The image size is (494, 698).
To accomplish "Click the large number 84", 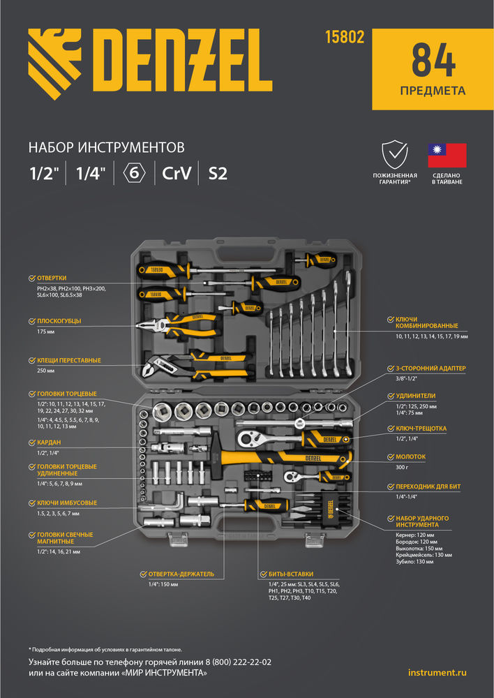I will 433,61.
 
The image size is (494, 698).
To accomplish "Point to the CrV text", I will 177,173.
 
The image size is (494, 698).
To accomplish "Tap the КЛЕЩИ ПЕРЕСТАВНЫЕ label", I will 68,361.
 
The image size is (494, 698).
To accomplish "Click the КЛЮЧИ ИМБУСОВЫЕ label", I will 67,503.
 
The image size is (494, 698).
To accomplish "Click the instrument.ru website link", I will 437,672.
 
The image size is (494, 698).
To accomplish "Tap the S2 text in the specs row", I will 218,173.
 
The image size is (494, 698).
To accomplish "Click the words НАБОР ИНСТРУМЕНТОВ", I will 106,147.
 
